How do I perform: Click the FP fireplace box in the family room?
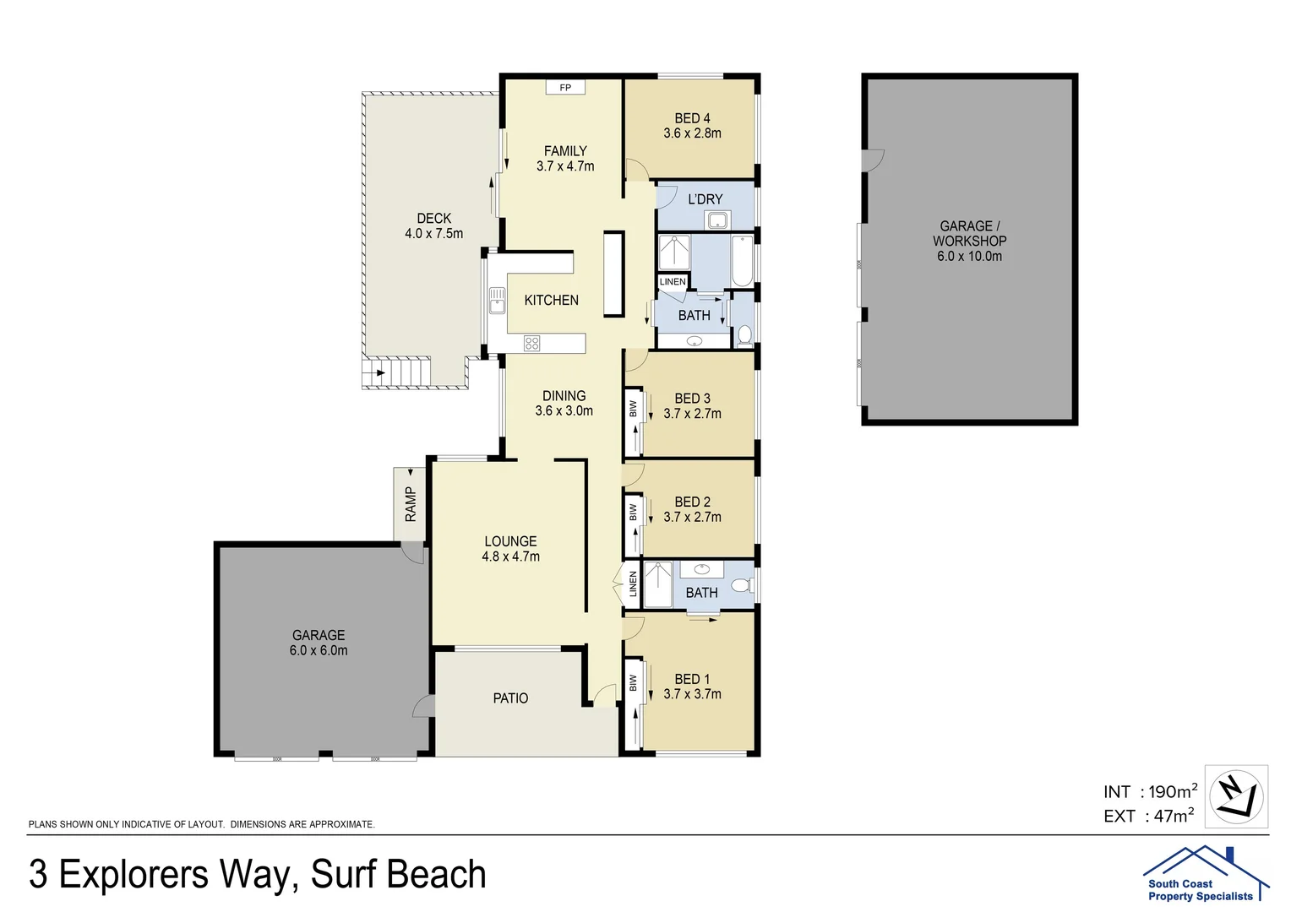click(565, 87)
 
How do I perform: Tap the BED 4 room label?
click(692, 118)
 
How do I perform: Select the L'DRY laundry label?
click(705, 199)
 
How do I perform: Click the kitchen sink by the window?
click(496, 301)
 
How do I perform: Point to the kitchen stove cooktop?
click(531, 343)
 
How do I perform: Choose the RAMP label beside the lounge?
click(411, 504)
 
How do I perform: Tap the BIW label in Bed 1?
click(633, 682)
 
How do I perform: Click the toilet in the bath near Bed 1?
click(741, 585)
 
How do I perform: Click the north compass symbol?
click(1235, 796)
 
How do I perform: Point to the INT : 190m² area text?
click(1149, 791)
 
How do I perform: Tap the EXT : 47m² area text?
click(1148, 816)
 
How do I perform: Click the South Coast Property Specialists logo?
click(1204, 874)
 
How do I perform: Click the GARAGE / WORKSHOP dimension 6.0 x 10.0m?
click(969, 256)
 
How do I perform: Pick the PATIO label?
click(510, 698)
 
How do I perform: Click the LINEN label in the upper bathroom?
click(673, 282)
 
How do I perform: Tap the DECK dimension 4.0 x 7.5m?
click(433, 233)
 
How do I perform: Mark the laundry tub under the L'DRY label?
click(718, 221)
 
